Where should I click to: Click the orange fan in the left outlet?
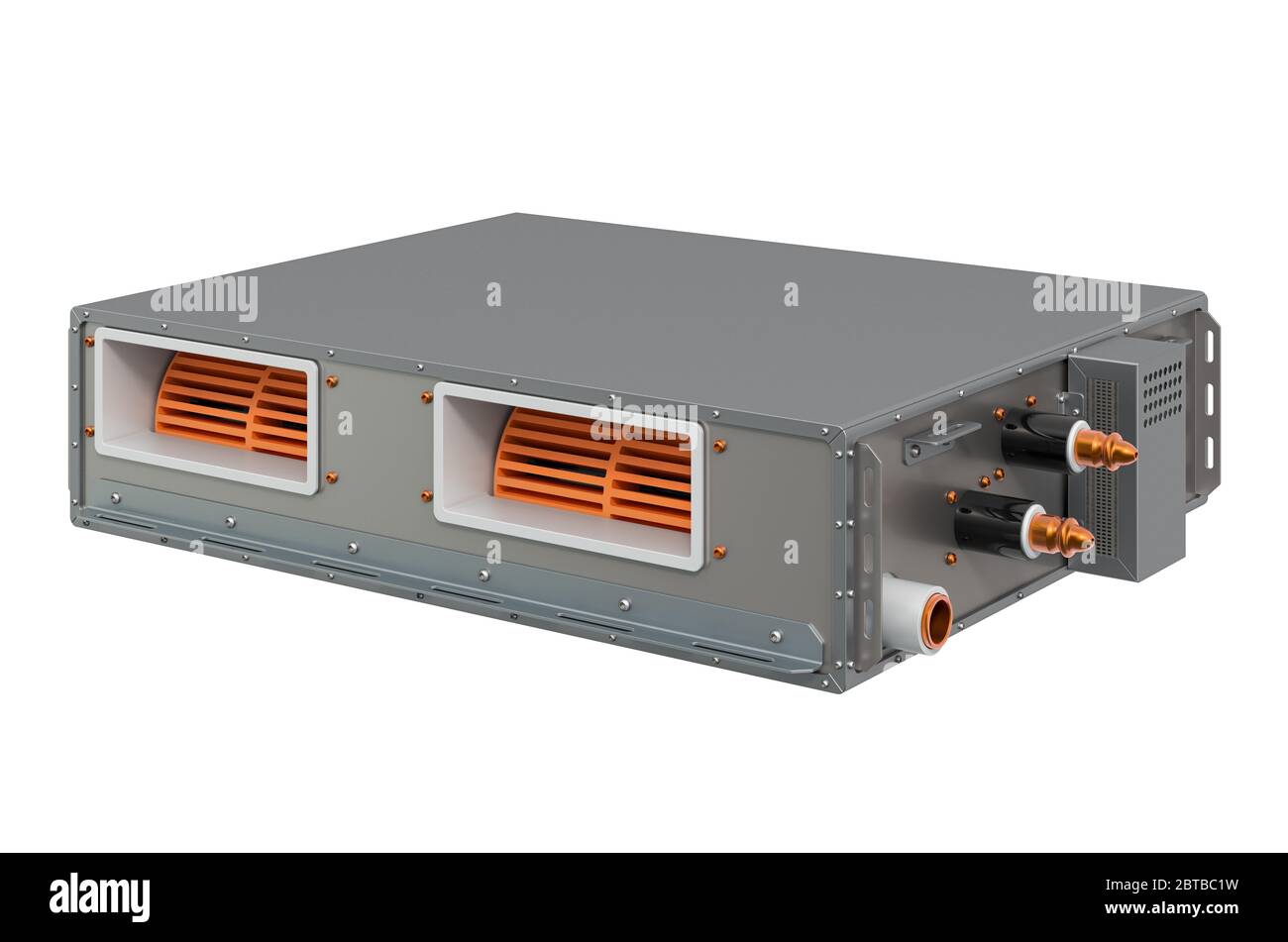point(232,406)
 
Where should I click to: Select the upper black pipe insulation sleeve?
point(1036,442)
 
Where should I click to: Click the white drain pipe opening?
point(935,620)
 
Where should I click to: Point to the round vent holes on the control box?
point(1162,380)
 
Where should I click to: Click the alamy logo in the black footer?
point(99,897)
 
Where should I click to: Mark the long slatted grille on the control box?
point(1103,466)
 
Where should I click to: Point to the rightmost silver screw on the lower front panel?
point(776,636)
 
